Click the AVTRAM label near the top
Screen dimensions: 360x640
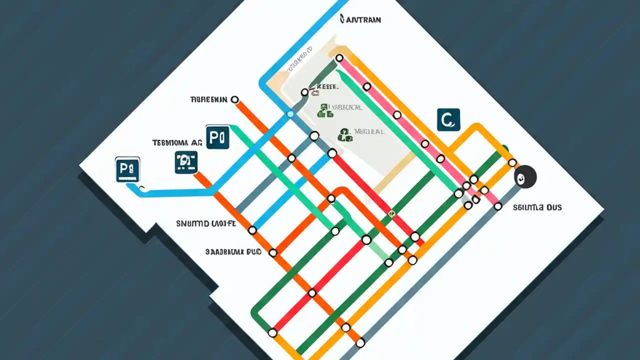point(360,20)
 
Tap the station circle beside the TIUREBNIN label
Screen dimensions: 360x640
point(234,99)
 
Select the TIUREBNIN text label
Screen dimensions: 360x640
point(209,99)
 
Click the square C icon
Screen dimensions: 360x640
point(448,120)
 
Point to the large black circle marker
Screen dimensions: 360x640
point(525,177)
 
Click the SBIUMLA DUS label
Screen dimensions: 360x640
point(537,207)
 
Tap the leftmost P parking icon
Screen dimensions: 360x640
point(127,169)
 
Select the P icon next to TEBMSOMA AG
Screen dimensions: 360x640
point(217,137)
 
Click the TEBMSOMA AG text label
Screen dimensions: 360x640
point(177,142)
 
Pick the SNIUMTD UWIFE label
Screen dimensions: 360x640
point(206,223)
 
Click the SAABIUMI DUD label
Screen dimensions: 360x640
point(233,252)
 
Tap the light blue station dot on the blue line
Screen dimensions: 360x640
point(290,114)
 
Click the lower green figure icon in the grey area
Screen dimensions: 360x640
point(345,134)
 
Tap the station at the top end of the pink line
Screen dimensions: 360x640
point(339,58)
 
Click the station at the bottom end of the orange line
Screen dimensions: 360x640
point(360,343)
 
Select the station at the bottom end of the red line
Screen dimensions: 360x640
point(272,332)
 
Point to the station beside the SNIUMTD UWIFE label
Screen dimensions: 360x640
point(252,230)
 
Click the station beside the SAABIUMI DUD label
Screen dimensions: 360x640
point(273,253)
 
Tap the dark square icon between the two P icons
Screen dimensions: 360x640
point(186,162)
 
